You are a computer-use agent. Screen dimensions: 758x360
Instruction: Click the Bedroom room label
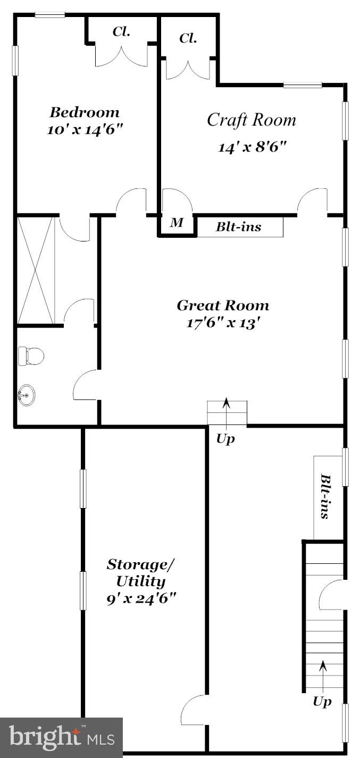pos(85,112)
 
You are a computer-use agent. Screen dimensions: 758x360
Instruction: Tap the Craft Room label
pos(251,120)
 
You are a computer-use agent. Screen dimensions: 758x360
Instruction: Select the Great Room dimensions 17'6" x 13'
pos(223,323)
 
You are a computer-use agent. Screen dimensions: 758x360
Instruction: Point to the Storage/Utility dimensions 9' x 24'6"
pos(141,598)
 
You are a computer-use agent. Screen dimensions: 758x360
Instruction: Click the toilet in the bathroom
pos(30,356)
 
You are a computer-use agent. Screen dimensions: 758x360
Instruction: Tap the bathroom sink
pos(27,396)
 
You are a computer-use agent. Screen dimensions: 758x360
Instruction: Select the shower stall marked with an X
pos(36,270)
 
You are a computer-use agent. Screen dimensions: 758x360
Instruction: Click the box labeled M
pos(176,223)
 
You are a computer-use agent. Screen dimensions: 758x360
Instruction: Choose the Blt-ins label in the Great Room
pos(238,227)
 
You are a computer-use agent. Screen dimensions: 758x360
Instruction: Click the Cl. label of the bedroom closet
pos(121,31)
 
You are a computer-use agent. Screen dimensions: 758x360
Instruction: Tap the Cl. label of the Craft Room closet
pos(188,38)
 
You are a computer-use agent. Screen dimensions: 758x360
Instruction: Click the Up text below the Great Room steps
pos(225,439)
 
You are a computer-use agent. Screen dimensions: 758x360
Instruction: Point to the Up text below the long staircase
pos(322,702)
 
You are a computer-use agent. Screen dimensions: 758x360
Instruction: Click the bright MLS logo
pos(61,737)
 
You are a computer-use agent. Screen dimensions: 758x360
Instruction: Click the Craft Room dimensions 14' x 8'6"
pos(252,147)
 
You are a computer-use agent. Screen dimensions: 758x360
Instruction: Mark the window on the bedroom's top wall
pos(50,15)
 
